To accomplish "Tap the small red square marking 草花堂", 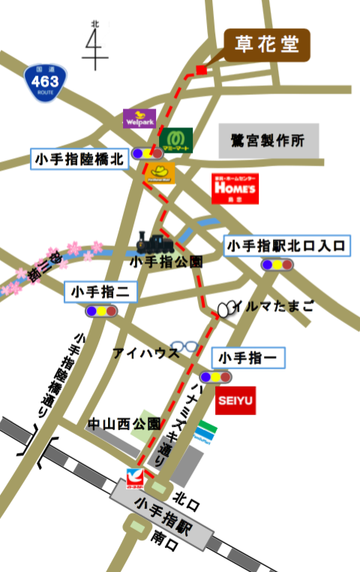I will click(200, 71).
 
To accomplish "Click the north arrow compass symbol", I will click(95, 47).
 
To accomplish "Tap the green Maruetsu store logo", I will click(175, 140).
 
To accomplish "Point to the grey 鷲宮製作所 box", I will click(268, 140).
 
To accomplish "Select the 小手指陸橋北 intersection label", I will click(79, 158).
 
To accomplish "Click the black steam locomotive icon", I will click(154, 242).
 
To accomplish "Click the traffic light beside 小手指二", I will click(101, 311).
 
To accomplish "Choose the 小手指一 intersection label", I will click(248, 357).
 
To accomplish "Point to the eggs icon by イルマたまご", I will click(227, 307).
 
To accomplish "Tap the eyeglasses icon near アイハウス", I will click(185, 347).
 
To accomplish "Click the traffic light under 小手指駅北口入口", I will click(277, 264).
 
